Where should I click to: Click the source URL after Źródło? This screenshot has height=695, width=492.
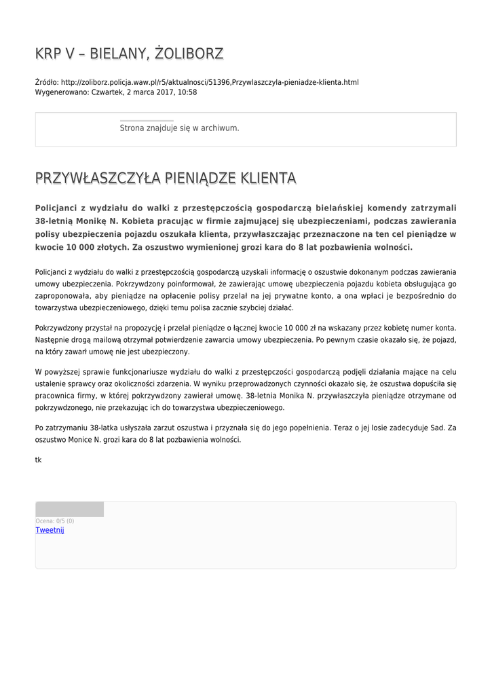[x=210, y=82]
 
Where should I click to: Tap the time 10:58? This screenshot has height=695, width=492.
[x=187, y=92]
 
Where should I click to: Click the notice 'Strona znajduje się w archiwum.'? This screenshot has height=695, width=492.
[x=179, y=128]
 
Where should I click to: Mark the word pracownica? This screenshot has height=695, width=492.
[x=56, y=396]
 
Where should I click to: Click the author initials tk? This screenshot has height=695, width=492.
[x=39, y=460]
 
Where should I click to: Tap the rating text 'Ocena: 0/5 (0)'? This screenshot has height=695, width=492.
[x=55, y=521]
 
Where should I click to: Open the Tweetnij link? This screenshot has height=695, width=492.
[x=50, y=530]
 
